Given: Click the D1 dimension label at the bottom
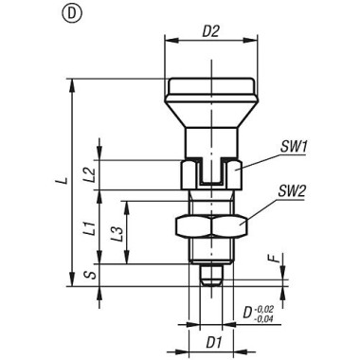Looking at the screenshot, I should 213,338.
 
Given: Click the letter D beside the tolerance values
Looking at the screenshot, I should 249,312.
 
